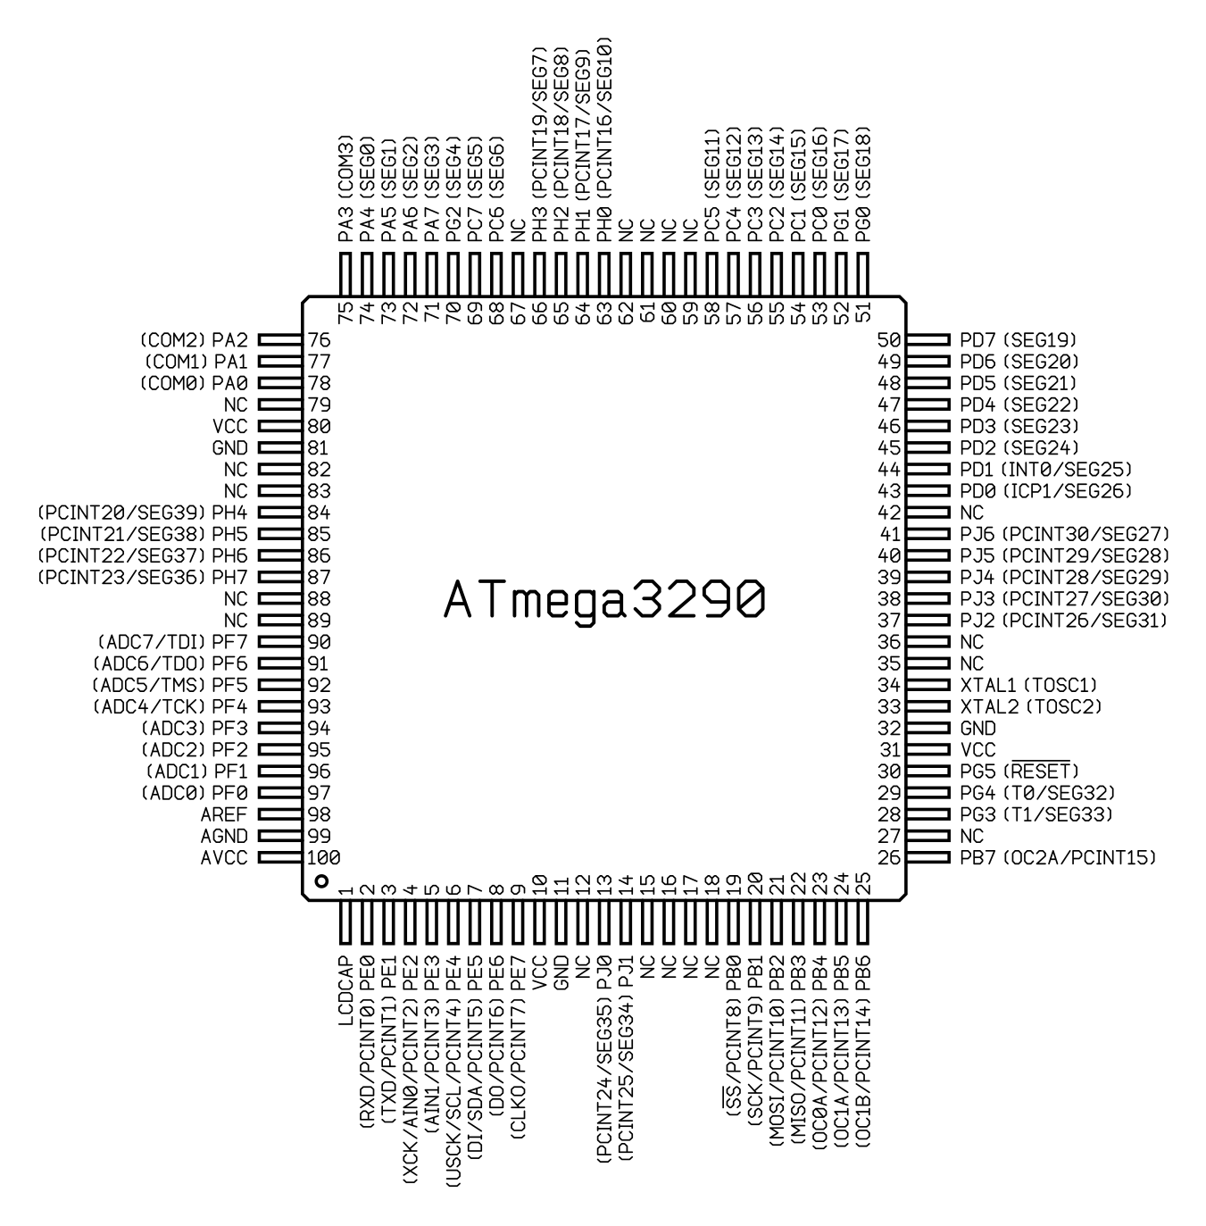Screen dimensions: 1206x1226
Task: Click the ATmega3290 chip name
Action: click(x=603, y=601)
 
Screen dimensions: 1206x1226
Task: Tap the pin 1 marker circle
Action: click(x=322, y=881)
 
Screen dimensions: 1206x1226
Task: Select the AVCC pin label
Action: click(x=224, y=857)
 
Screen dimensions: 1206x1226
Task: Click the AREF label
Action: click(x=224, y=814)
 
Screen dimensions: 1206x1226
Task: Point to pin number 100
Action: click(x=324, y=857)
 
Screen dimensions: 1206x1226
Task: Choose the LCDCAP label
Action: click(x=345, y=990)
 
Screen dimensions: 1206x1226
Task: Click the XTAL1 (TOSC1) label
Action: click(x=1029, y=685)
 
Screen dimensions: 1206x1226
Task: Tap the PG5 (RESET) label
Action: click(x=1020, y=771)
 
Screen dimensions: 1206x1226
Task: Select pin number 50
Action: click(x=889, y=340)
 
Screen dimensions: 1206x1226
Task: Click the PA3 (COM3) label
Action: click(x=345, y=188)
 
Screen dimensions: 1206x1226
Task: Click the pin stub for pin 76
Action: click(x=280, y=340)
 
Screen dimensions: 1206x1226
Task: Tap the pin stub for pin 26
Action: click(x=928, y=857)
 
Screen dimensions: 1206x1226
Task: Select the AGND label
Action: click(x=224, y=836)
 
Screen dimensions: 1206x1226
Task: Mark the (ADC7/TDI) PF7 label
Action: click(x=171, y=642)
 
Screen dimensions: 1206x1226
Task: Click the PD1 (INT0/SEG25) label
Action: click(x=1046, y=470)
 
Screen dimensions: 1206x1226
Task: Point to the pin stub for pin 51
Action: click(x=863, y=274)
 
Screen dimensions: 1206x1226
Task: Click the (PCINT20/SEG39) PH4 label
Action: click(x=143, y=513)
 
